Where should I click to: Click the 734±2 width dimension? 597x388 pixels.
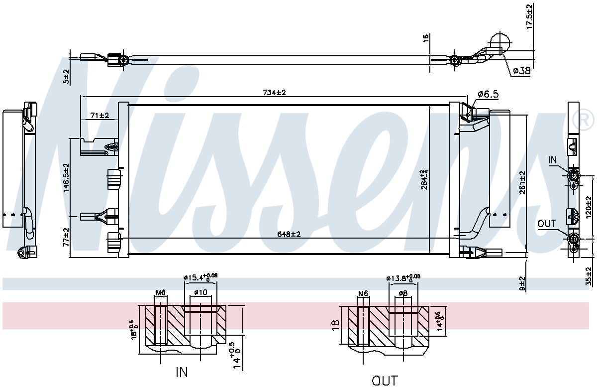point(274,93)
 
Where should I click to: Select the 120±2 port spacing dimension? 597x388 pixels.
point(589,207)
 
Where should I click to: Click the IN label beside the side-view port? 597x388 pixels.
point(553,160)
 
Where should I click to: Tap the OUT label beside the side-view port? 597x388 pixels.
point(546,224)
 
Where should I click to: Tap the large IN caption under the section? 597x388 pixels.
point(182,372)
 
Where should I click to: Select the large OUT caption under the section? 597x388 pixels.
point(385,381)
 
